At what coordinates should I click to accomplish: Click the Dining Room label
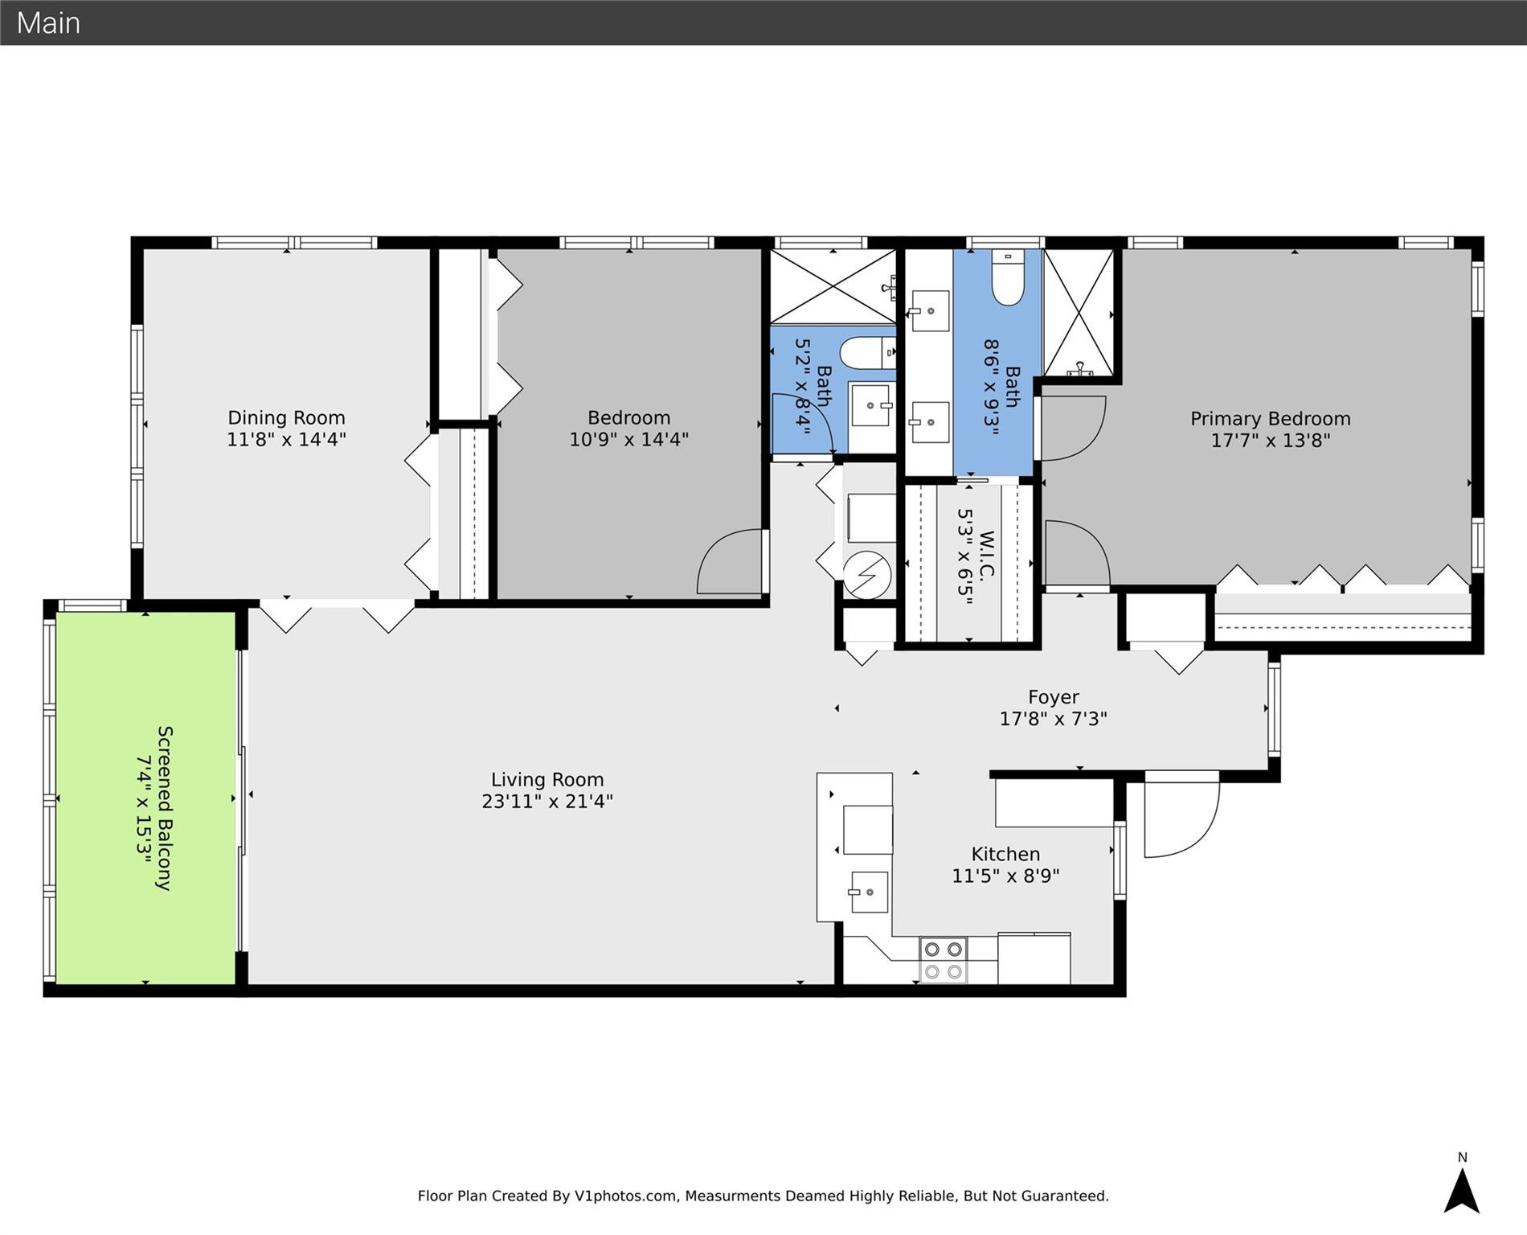click(286, 418)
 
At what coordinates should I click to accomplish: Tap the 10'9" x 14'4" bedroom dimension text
click(628, 440)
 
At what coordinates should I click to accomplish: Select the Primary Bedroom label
click(1270, 419)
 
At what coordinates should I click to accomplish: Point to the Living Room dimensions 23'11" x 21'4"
click(547, 802)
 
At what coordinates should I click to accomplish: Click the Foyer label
click(1053, 697)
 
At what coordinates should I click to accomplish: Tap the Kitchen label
click(1005, 854)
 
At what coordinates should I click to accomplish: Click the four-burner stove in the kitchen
click(943, 960)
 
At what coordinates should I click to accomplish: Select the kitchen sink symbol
click(869, 892)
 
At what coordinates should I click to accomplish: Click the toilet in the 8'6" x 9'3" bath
click(1007, 278)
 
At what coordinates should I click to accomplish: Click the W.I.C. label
click(987, 555)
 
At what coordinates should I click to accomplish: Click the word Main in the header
click(48, 23)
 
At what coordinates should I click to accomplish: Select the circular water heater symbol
click(867, 575)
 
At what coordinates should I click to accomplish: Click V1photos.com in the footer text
click(625, 1196)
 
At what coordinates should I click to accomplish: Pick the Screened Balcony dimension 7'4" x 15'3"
click(144, 808)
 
